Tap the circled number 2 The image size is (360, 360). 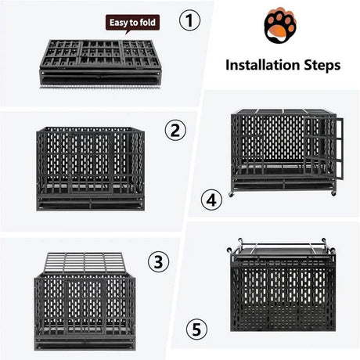coord(175,130)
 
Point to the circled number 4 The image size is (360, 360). coord(208,200)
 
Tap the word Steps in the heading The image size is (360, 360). coord(320,64)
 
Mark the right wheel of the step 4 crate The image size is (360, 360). coord(333,193)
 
